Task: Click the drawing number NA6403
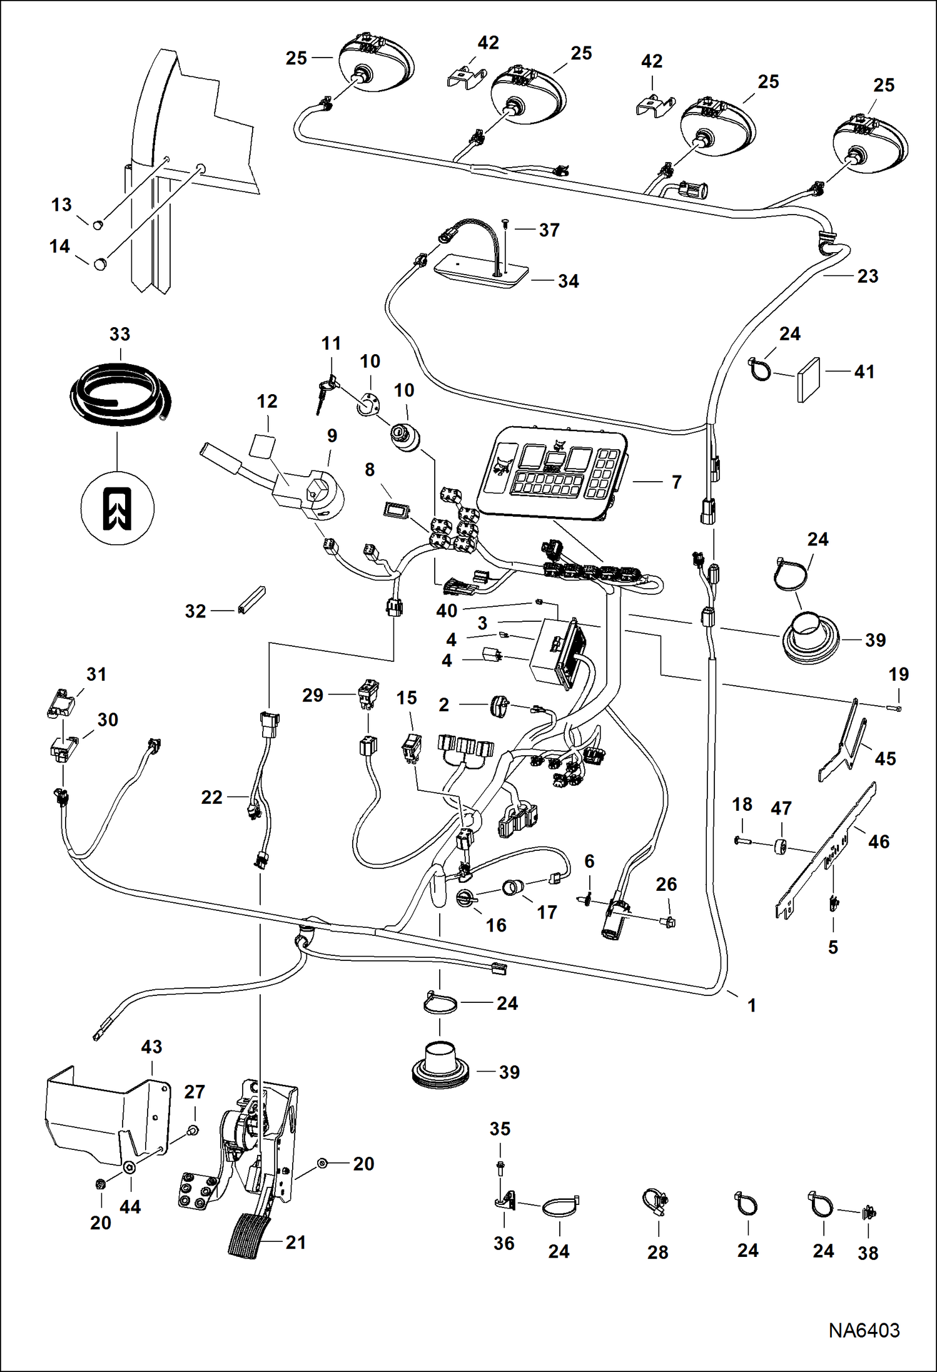pos(864,1329)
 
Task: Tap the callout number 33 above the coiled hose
pos(119,334)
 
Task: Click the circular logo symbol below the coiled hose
pos(118,508)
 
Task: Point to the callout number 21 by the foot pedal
pos(295,1242)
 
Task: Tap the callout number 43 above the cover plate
pos(151,1047)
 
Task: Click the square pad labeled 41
pos(809,379)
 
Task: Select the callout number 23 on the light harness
pos(868,276)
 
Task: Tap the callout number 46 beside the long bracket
pos(878,841)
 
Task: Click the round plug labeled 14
pos(100,264)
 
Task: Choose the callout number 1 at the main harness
pos(752,1005)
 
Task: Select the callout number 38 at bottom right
pos(868,1253)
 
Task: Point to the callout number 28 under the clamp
pos(657,1252)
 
